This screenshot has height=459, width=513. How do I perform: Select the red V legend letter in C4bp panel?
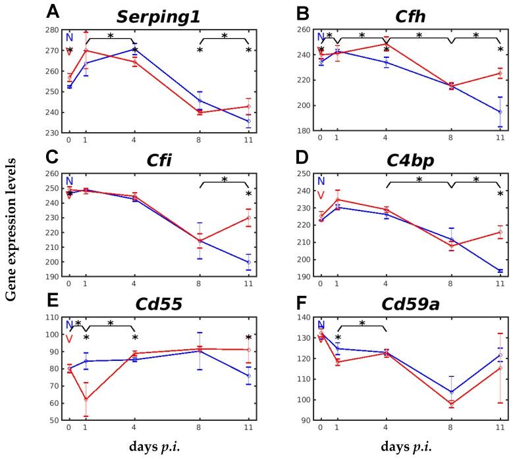[321, 195]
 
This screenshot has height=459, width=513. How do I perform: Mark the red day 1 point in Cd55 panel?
[86, 399]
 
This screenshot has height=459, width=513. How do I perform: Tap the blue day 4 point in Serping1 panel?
[135, 49]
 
